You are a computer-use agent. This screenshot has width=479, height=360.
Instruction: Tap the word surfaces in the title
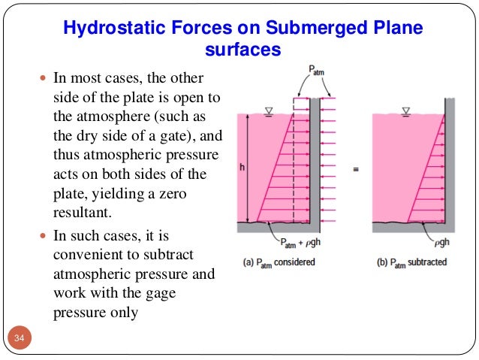tap(242, 50)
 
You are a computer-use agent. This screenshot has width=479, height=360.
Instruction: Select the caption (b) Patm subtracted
tap(412, 262)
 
